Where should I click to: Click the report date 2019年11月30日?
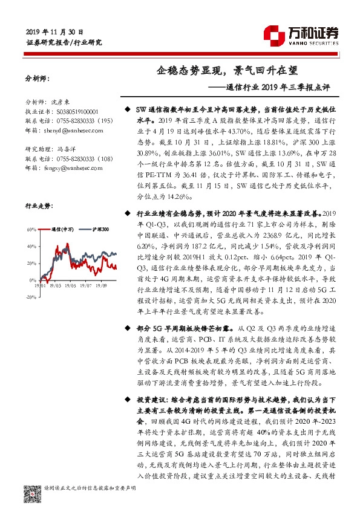pos(55,31)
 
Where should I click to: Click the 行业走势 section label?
pos(38,205)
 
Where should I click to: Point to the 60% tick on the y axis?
pos(31,230)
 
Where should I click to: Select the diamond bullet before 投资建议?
pos(126,401)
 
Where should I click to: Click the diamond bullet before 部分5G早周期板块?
pos(126,326)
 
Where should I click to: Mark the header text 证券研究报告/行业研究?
pos(65,43)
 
